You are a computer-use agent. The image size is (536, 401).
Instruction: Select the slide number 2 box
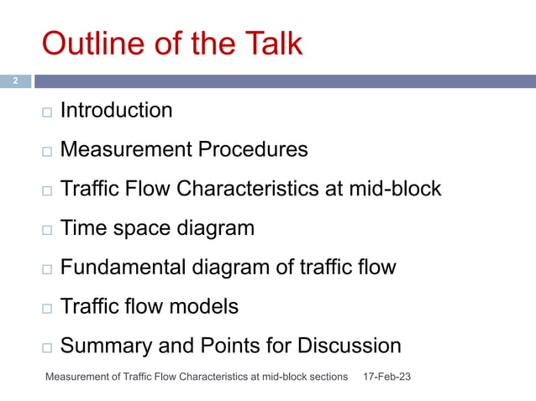pyautogui.click(x=15, y=81)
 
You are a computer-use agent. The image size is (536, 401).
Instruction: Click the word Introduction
pyautogui.click(x=117, y=110)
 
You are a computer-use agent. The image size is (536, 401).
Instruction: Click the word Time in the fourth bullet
pyautogui.click(x=82, y=228)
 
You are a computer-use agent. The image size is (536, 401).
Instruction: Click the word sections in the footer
pyautogui.click(x=327, y=378)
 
